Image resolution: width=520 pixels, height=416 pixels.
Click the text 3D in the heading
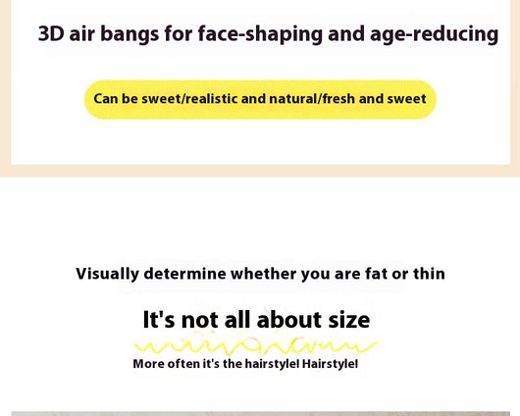click(51, 33)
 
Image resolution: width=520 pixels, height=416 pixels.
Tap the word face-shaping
click(260, 34)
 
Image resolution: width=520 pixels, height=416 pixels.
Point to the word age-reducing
click(434, 34)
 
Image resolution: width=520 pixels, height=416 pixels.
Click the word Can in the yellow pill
click(105, 99)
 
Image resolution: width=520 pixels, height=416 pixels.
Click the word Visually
click(108, 275)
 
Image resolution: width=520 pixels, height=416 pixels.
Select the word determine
click(185, 274)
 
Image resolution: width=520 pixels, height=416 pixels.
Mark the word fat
click(376, 274)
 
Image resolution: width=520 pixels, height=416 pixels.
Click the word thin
click(429, 274)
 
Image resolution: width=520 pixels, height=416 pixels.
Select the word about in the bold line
click(288, 320)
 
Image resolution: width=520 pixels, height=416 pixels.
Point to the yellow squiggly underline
click(255, 346)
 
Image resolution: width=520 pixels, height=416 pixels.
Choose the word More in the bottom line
click(148, 364)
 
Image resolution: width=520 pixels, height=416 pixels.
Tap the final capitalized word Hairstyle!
click(330, 364)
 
